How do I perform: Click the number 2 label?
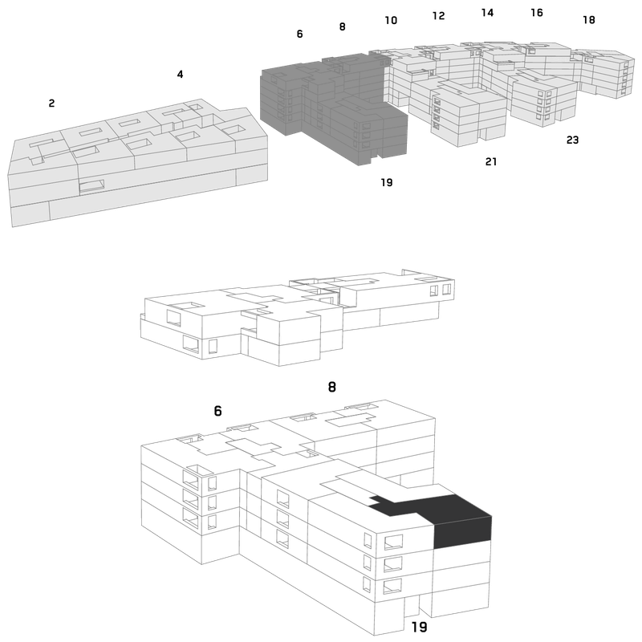(x=51, y=104)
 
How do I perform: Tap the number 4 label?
(x=180, y=74)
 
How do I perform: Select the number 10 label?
(x=391, y=20)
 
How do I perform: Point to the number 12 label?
(x=438, y=15)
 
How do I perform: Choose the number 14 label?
(x=487, y=13)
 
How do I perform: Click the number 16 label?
(x=537, y=13)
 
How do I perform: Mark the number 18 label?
(x=589, y=19)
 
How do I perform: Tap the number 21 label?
(x=491, y=162)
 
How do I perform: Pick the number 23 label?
(x=572, y=140)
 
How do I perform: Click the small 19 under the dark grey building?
(x=387, y=182)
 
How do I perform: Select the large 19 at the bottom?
(x=419, y=627)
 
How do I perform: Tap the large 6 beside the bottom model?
(x=217, y=411)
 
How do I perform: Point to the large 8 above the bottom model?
(x=332, y=387)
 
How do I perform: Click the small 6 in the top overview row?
(x=299, y=34)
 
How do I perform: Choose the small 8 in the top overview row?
(x=343, y=26)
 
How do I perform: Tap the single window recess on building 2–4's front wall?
(x=91, y=186)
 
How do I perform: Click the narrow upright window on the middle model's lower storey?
(x=213, y=347)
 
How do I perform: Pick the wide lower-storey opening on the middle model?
(x=191, y=344)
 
